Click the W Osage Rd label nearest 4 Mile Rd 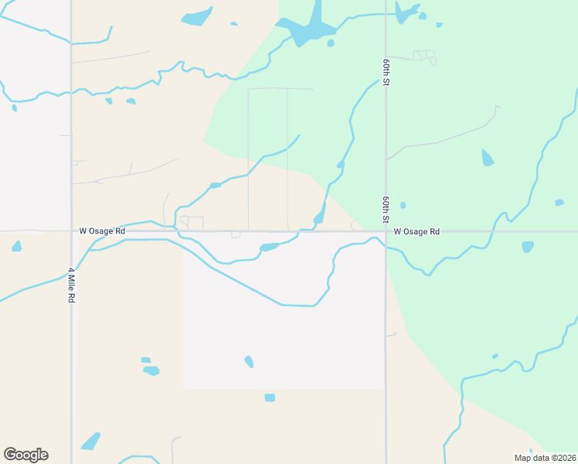coord(102,231)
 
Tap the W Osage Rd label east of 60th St coord(416,231)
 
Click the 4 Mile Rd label coord(71,285)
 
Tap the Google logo coord(25,455)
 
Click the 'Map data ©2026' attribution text coord(546,458)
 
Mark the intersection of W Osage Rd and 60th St coord(386,231)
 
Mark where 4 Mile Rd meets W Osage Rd coord(71,231)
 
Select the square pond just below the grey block coord(270,397)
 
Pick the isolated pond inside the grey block coord(249,361)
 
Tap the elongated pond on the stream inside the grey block coord(269,247)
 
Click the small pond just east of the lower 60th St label coord(403,205)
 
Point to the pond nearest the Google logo coord(91,441)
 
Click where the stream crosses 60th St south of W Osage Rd coord(386,248)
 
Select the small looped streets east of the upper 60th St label coord(423,56)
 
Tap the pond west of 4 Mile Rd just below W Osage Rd coord(17,247)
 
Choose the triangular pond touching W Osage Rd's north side coord(319,217)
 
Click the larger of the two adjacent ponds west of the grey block coord(151,370)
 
